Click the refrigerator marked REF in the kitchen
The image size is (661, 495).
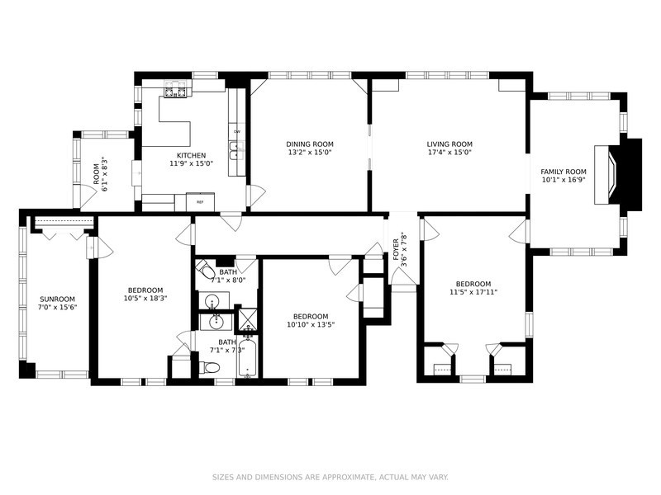[x=200, y=201]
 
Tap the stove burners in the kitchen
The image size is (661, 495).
[x=176, y=90]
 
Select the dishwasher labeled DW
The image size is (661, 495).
[x=236, y=132]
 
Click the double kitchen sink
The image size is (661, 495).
[x=236, y=150]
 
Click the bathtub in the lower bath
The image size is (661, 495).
[x=247, y=360]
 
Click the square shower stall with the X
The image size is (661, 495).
[x=247, y=319]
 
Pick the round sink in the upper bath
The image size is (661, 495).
[x=213, y=300]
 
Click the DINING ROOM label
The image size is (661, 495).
[x=310, y=144]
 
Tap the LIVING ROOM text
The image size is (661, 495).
[x=449, y=144]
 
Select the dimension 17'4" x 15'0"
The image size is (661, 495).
[x=449, y=153]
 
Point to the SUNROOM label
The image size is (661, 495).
[x=57, y=299]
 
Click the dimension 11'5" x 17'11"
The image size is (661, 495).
[x=473, y=291]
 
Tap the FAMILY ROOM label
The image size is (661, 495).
[x=564, y=171]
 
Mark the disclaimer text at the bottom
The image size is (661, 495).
[x=330, y=477]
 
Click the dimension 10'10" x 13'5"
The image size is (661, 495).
[x=310, y=325]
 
